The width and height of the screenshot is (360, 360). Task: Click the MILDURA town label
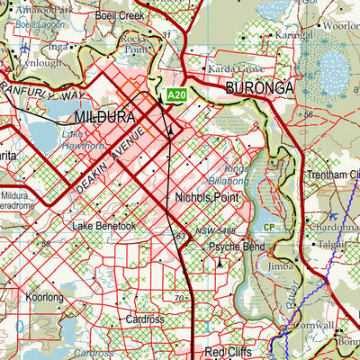tap(106, 118)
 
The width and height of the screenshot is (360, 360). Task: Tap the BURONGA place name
tap(260, 88)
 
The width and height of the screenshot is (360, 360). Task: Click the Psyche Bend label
tap(237, 246)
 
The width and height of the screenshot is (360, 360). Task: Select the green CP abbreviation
tap(269, 227)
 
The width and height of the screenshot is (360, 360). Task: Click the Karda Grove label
tap(235, 68)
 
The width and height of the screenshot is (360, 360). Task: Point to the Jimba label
tap(281, 266)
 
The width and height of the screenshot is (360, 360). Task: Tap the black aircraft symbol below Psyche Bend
tap(220, 265)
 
